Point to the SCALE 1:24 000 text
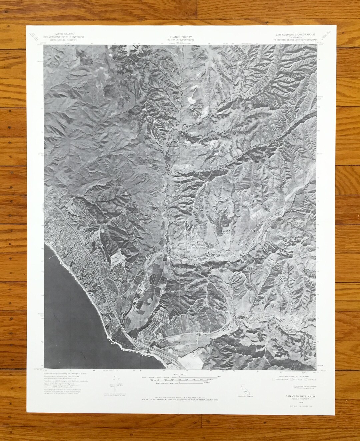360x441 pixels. coord(180,374)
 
